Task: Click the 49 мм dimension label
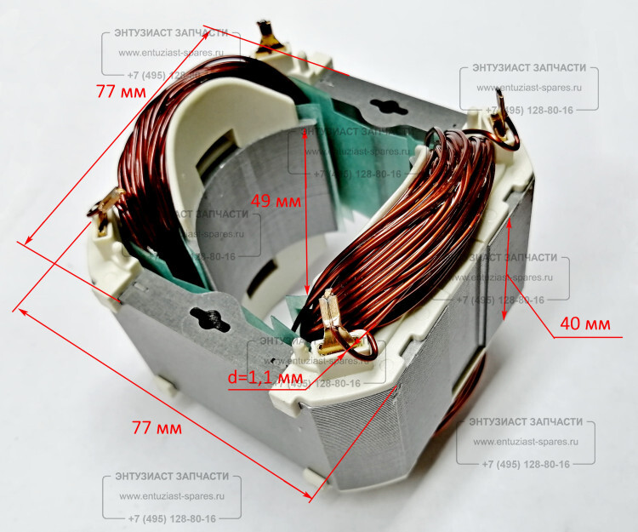pyautogui.click(x=275, y=202)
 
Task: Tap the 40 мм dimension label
pyautogui.click(x=584, y=323)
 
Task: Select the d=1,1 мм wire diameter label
pyautogui.click(x=265, y=376)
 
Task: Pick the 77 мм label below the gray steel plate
pyautogui.click(x=157, y=428)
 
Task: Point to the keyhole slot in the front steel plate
pyautogui.click(x=209, y=319)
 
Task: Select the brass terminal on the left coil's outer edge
pyautogui.click(x=100, y=212)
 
